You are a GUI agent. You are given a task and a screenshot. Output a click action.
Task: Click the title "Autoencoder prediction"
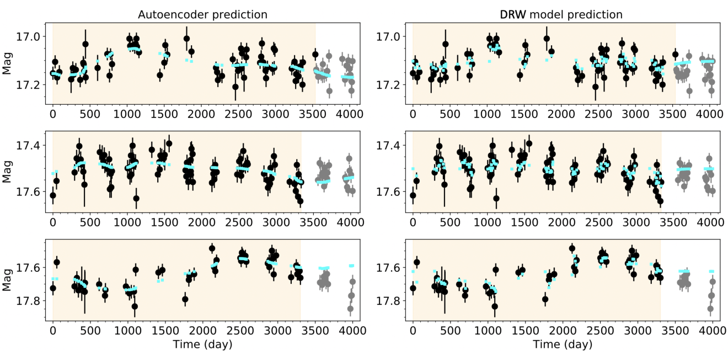202,15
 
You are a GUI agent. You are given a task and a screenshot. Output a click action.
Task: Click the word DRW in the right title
512,15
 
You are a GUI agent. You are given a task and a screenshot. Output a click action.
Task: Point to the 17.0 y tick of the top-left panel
28,36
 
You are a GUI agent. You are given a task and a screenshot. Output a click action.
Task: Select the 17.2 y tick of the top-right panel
387,85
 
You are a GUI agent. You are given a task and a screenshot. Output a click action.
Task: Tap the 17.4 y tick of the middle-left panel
28,145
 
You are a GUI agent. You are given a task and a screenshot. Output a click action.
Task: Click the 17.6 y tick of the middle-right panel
387,192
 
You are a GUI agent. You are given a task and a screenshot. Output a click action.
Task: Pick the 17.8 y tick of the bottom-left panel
28,301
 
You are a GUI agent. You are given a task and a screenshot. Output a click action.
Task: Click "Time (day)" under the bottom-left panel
202,345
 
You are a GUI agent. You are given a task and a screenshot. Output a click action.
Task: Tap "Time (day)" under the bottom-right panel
563,345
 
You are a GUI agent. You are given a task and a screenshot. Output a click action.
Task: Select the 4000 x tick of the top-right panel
709,114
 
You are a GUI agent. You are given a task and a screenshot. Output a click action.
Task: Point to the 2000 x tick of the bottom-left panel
201,331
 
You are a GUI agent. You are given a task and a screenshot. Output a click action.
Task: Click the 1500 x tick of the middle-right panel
524,222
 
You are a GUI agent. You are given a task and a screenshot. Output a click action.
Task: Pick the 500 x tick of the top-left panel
90,114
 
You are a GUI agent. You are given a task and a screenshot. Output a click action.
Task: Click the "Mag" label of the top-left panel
7,63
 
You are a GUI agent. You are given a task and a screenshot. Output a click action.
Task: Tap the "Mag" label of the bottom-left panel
7,280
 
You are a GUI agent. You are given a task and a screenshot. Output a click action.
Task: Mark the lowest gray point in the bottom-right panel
710,309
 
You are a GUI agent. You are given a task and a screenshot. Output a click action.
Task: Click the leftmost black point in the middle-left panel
53,195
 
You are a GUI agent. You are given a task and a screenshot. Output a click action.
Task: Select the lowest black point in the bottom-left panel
135,307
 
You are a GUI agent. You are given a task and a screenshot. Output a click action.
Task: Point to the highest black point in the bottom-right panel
572,249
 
